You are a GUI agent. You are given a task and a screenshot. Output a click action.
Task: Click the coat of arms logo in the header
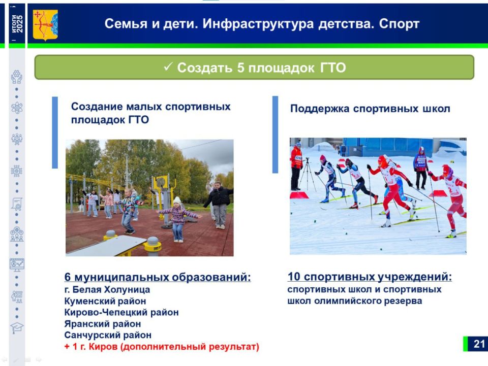pyautogui.click(x=45, y=25)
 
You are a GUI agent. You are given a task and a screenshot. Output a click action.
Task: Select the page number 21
pyautogui.click(x=479, y=344)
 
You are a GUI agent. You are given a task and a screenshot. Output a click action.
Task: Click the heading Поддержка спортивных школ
pyautogui.click(x=370, y=109)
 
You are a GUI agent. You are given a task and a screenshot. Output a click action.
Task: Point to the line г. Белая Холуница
pyautogui.click(x=107, y=290)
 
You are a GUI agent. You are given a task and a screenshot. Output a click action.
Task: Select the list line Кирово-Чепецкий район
pyautogui.click(x=121, y=312)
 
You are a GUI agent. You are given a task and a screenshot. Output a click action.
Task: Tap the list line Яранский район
pyautogui.click(x=102, y=323)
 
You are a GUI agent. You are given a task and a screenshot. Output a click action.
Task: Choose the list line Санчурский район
pyautogui.click(x=107, y=335)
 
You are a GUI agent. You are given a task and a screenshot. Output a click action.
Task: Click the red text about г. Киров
pyautogui.click(x=162, y=347)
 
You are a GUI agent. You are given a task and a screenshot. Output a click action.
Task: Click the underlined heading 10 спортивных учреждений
pyautogui.click(x=370, y=277)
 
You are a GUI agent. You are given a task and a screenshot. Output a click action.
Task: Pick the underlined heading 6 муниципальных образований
pyautogui.click(x=157, y=277)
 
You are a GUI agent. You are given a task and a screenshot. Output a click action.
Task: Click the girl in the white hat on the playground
pyautogui.click(x=177, y=218)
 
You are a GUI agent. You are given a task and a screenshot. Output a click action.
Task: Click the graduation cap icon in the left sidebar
pyautogui.click(x=17, y=328)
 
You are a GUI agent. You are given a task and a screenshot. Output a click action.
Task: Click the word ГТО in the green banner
pyautogui.click(x=333, y=68)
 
